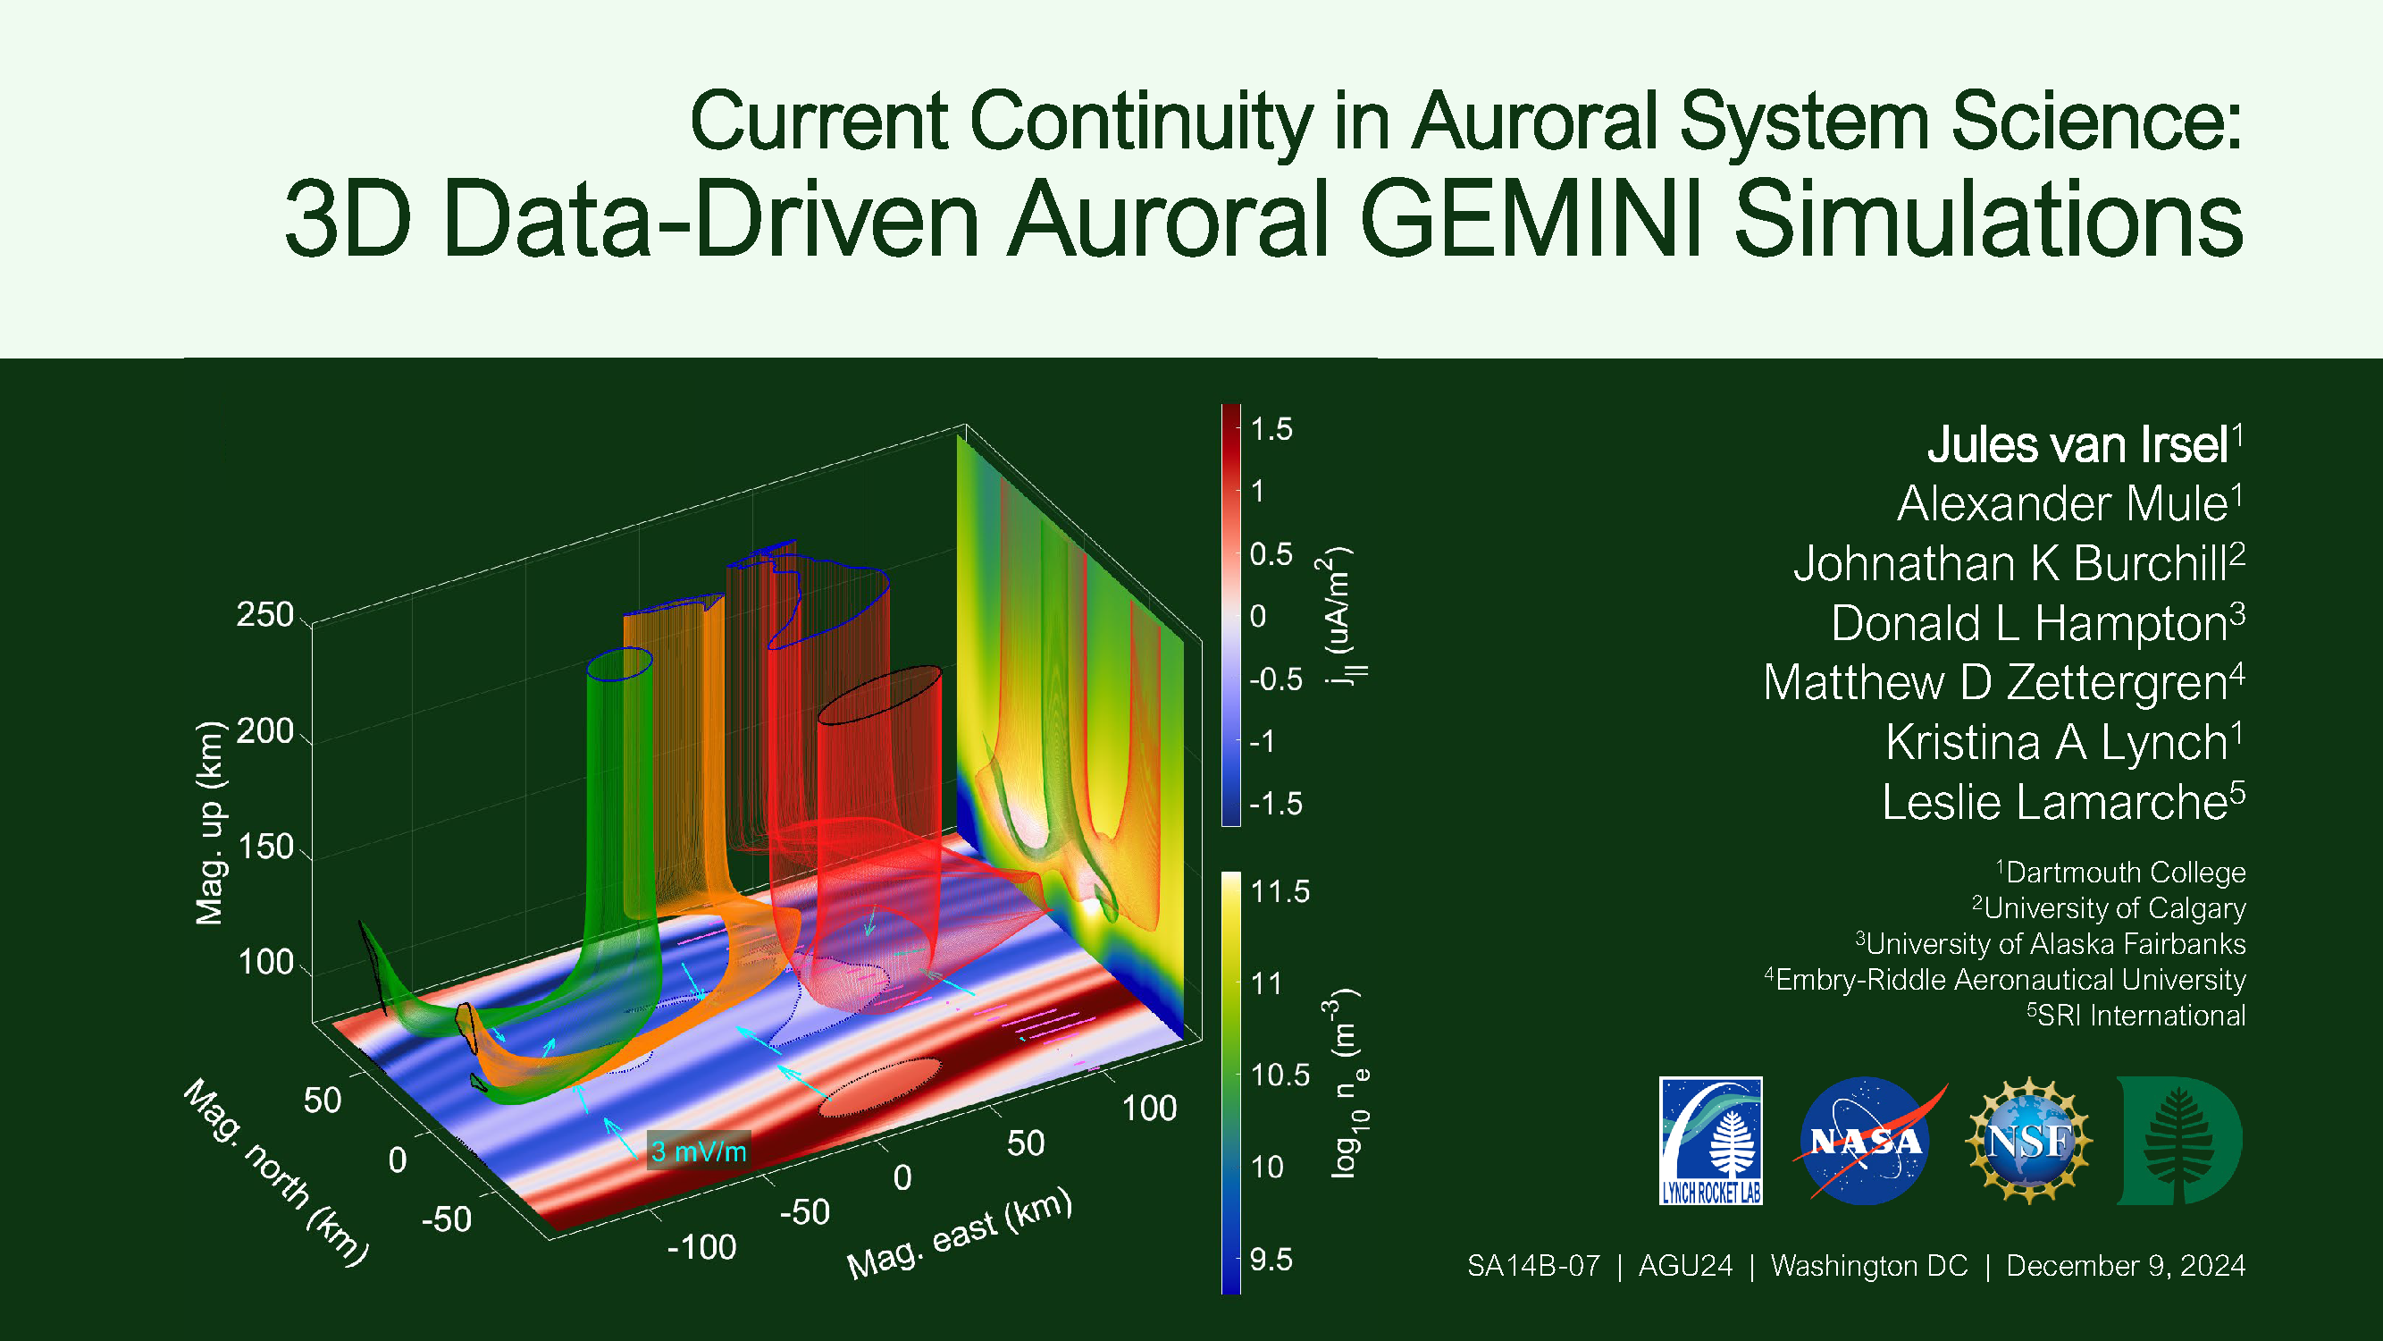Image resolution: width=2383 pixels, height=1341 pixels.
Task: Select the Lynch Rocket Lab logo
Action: (1711, 1140)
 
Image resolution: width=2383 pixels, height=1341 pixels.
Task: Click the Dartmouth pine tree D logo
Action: (2179, 1140)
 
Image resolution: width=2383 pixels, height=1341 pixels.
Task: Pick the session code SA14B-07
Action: (1534, 1265)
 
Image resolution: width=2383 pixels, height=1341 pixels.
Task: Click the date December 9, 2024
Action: (2126, 1266)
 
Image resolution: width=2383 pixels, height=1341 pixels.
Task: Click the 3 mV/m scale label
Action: (699, 1151)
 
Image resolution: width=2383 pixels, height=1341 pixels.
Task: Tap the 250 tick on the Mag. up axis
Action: (264, 614)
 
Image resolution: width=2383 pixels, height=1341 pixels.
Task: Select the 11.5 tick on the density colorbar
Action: (1280, 891)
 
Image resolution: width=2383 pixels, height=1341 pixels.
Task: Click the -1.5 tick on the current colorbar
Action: (1276, 804)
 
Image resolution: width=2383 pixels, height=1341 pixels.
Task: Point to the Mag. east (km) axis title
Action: (961, 1235)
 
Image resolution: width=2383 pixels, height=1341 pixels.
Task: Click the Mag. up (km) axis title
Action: (210, 822)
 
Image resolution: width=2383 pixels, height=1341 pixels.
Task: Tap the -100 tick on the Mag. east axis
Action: (701, 1247)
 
